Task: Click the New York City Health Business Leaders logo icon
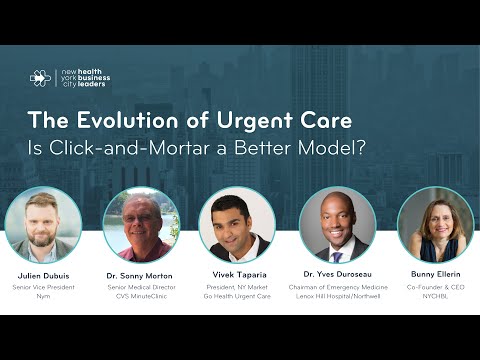[x=39, y=78]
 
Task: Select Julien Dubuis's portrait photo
[x=43, y=225]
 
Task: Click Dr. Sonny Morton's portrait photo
[x=140, y=225]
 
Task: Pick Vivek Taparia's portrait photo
[x=237, y=225]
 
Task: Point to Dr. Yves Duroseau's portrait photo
[x=337, y=225]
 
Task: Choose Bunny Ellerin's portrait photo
[x=435, y=225]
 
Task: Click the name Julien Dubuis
[x=43, y=273]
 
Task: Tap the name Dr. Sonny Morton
[x=141, y=273]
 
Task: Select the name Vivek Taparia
[x=237, y=273]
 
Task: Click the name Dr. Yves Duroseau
[x=337, y=273]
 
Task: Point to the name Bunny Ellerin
[x=435, y=273]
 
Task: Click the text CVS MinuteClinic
[x=141, y=297]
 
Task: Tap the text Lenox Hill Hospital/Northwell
[x=337, y=297]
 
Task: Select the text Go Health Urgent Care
[x=237, y=297]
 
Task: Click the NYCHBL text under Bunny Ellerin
[x=435, y=297]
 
